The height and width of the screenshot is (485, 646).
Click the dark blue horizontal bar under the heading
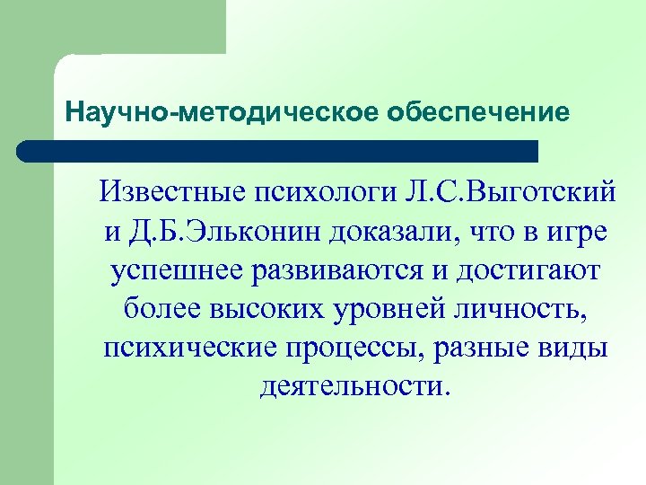[x=278, y=151]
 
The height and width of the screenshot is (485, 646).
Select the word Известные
[x=175, y=192]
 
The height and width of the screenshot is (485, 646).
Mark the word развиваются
[x=352, y=270]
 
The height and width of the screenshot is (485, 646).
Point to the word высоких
[x=266, y=309]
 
